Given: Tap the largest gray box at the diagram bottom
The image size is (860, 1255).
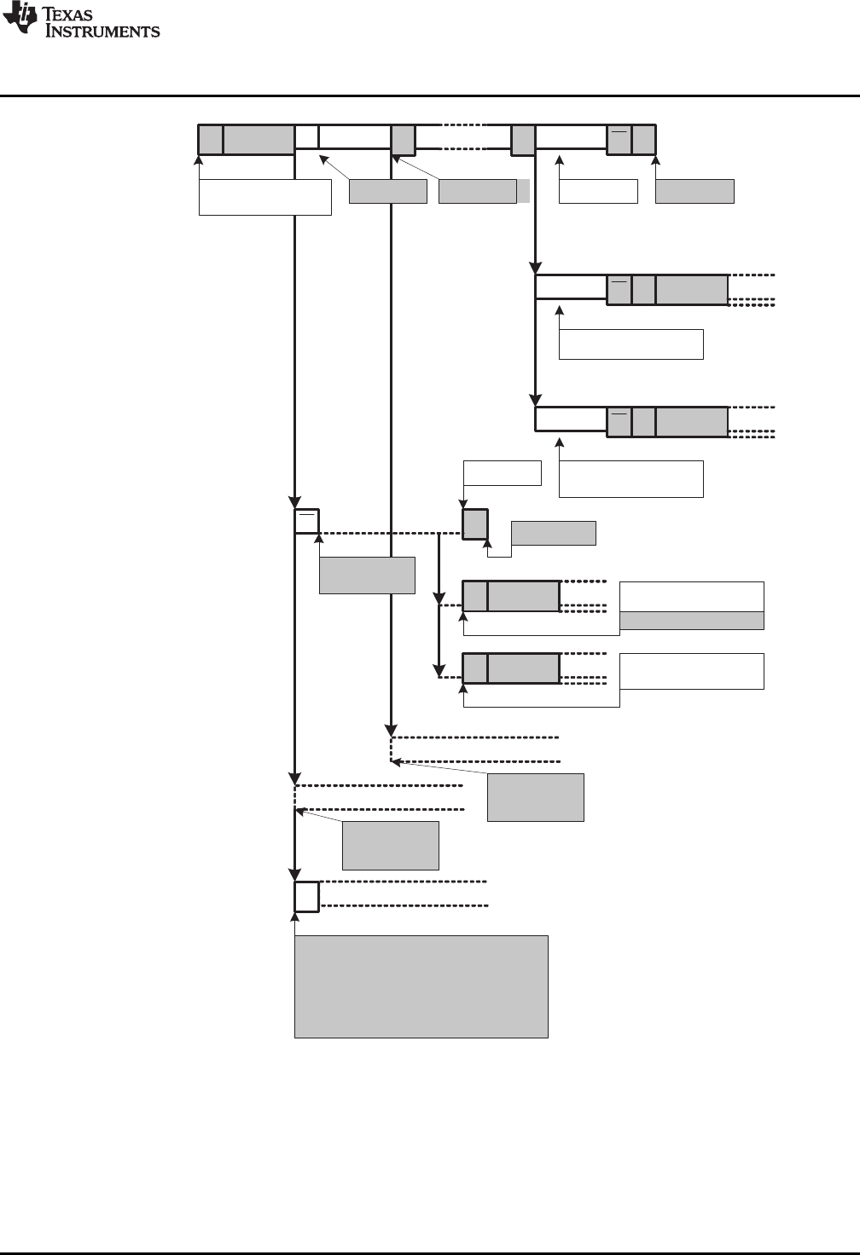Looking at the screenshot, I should tap(421, 986).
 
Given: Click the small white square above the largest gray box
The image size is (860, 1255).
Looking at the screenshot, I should tap(306, 896).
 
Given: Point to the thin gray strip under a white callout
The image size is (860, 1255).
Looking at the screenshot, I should tap(691, 621).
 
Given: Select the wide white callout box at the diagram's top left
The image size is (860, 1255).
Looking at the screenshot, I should tap(264, 197).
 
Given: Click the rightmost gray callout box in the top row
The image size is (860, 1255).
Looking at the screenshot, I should tap(694, 191).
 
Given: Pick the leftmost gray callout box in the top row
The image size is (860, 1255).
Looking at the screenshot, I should tap(388, 191).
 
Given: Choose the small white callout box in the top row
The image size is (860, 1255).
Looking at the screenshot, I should tap(598, 191).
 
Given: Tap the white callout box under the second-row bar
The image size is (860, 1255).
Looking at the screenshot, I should tap(630, 344).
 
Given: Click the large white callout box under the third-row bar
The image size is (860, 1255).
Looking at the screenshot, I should tap(630, 478).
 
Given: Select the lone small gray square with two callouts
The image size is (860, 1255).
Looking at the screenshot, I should tap(475, 523).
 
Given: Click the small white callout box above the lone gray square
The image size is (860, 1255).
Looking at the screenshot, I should tap(502, 472).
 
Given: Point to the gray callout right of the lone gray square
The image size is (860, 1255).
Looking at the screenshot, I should tap(553, 532).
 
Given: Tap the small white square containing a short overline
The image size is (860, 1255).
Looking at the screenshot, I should tap(306, 521).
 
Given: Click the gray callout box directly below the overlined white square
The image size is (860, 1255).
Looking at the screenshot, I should tap(367, 575).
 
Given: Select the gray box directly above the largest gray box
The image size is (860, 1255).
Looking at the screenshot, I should tap(390, 845).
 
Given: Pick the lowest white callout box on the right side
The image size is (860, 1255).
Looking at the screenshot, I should tap(691, 671).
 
